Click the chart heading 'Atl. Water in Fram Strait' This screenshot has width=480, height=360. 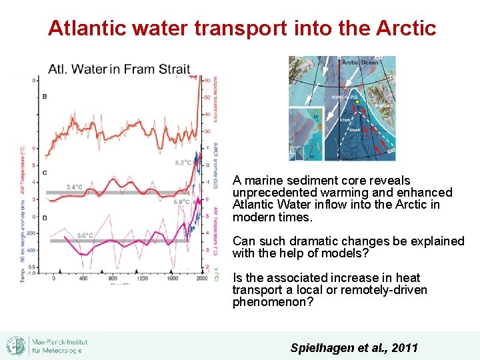pyautogui.click(x=119, y=69)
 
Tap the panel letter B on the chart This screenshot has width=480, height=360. pyautogui.click(x=45, y=97)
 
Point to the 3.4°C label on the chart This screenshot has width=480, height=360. pyautogui.click(x=79, y=187)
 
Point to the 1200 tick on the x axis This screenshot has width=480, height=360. pyautogui.click(x=141, y=278)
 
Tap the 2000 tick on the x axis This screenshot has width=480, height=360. pyautogui.click(x=201, y=278)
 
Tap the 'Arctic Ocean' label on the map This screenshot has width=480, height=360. pyautogui.click(x=359, y=63)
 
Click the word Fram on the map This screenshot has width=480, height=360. pyautogui.click(x=345, y=120)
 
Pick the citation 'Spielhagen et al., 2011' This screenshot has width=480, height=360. pyautogui.click(x=354, y=347)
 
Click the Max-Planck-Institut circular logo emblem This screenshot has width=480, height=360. pyautogui.click(x=16, y=345)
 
